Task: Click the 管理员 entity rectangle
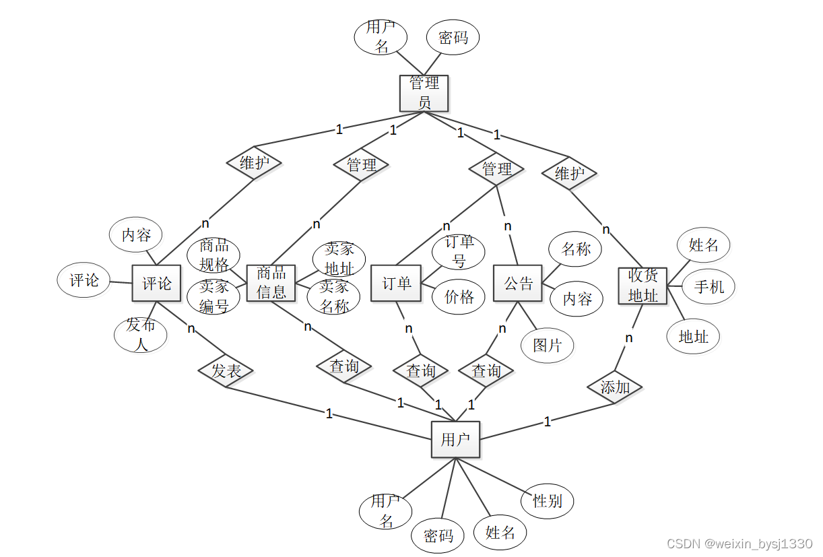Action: (x=424, y=93)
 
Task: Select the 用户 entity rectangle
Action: (x=455, y=439)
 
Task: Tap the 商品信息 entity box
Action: (x=271, y=283)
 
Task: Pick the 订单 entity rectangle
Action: (x=396, y=284)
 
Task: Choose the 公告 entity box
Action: (x=518, y=284)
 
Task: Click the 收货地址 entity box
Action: (x=643, y=286)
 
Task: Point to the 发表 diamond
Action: (x=226, y=370)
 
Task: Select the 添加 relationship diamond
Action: (x=614, y=387)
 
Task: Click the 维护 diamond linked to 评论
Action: (x=254, y=163)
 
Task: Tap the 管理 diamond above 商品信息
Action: (x=362, y=164)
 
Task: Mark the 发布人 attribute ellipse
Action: (x=141, y=335)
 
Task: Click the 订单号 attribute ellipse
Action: (x=459, y=251)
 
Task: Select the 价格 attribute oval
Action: (x=459, y=296)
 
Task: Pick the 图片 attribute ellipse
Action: (x=547, y=345)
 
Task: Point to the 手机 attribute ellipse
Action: (x=709, y=286)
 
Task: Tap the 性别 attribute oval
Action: (x=547, y=500)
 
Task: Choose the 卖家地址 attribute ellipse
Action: (x=339, y=259)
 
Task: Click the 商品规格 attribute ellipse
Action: (x=214, y=255)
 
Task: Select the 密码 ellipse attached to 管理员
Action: (x=453, y=38)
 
